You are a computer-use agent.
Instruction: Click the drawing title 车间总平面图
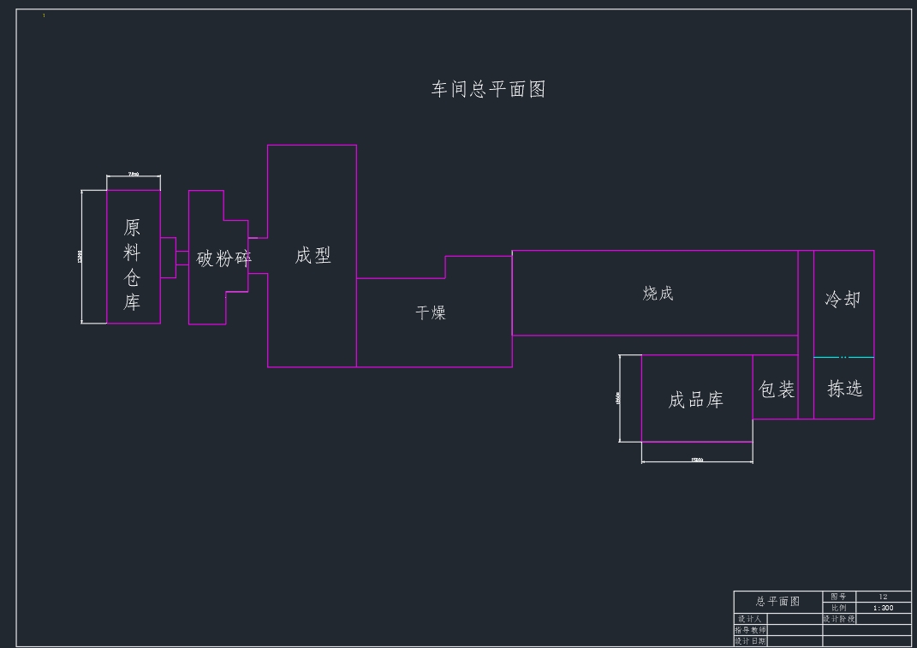[488, 89]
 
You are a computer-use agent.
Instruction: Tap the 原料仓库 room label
[132, 265]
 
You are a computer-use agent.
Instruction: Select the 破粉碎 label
[223, 259]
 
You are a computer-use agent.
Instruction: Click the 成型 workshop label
[313, 256]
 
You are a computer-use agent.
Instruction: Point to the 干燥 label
[431, 313]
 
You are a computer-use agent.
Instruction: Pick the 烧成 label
[658, 294]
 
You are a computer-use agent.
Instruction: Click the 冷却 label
[843, 300]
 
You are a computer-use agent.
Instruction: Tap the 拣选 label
[844, 389]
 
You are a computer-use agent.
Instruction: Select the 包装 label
[777, 389]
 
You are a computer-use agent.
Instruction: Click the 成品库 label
[695, 400]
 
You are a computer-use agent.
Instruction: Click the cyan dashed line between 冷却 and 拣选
[843, 357]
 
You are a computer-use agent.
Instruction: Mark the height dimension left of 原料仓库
[81, 257]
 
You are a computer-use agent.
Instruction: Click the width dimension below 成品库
[697, 461]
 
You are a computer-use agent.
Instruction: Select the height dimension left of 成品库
[618, 398]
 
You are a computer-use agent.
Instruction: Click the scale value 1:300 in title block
[883, 608]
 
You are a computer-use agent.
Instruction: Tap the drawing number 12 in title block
[883, 597]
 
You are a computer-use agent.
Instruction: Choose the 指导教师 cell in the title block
[751, 630]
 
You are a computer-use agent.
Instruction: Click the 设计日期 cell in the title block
[751, 641]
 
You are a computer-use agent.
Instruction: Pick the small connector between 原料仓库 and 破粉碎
[175, 258]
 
